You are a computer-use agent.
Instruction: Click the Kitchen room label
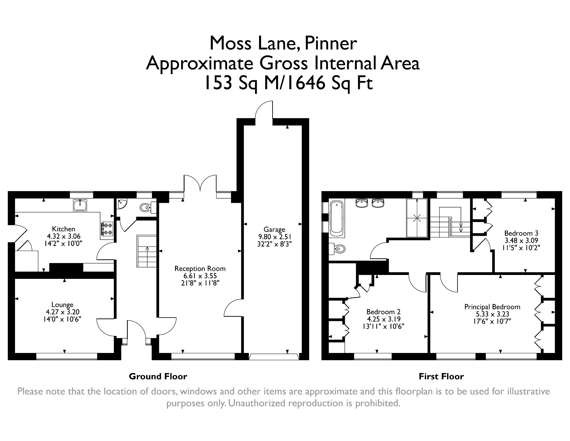click(x=64, y=229)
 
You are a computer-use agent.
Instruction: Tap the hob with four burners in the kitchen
click(x=107, y=228)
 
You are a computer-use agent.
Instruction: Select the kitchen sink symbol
click(x=80, y=205)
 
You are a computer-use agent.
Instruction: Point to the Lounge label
click(x=62, y=305)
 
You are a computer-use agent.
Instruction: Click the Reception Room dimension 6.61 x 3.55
click(x=200, y=276)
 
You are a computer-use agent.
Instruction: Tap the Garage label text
click(x=274, y=230)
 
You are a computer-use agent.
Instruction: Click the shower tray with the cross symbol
click(x=417, y=218)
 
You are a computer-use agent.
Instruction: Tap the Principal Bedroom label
click(x=492, y=307)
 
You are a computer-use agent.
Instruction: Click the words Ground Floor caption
click(x=158, y=377)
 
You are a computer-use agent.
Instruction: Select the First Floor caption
click(x=441, y=377)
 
